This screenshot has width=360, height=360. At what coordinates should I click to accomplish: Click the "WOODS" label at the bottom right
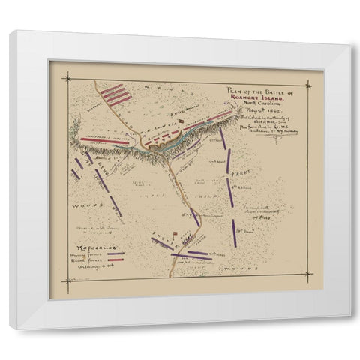(x=235, y=268)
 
